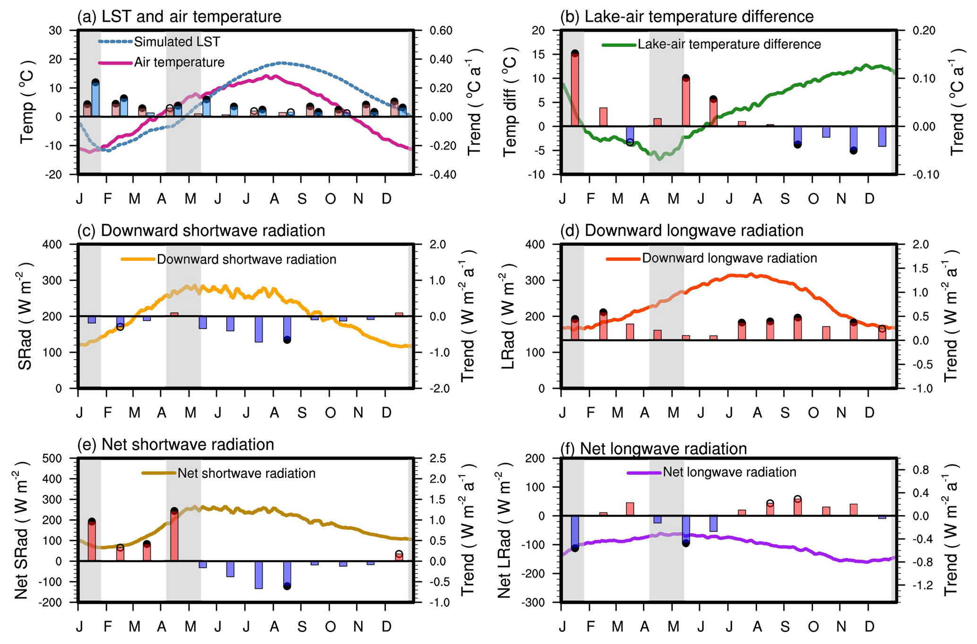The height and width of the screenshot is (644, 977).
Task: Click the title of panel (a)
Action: tap(179, 17)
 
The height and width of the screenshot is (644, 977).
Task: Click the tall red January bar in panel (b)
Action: tap(575, 90)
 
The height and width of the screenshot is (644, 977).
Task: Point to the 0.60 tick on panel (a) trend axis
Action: tap(441, 31)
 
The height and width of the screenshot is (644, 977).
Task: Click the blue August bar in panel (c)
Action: tap(287, 327)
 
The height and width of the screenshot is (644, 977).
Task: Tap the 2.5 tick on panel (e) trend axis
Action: tap(438, 459)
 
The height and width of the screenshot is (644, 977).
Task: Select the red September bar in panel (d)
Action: tap(798, 328)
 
